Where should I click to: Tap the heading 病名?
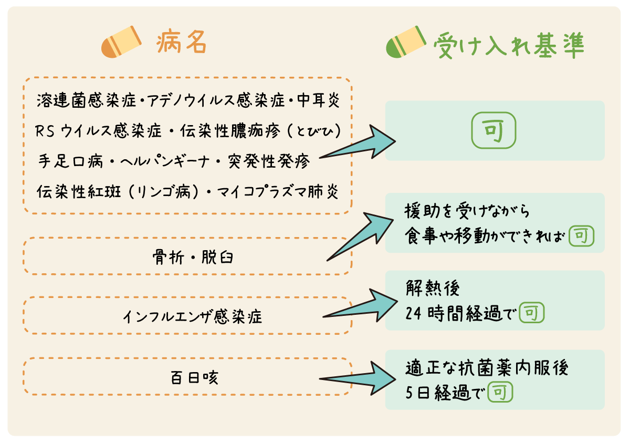181,43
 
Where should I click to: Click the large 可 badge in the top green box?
494,131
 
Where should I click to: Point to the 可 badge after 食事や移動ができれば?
581,236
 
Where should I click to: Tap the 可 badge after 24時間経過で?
531,314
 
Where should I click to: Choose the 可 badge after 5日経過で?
500,393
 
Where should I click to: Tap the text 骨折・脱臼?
187,258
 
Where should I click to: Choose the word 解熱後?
426,287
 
